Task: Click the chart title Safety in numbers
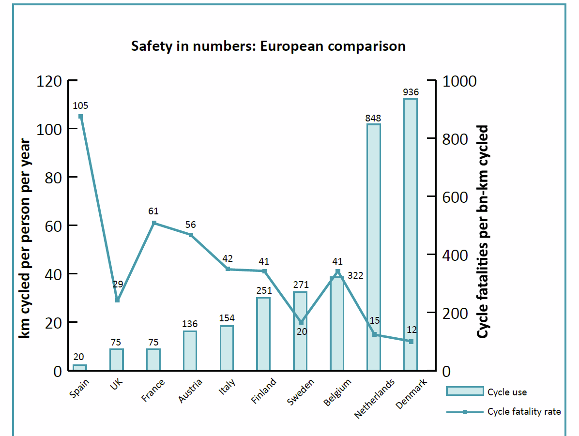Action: click(268, 46)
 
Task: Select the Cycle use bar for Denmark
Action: click(411, 235)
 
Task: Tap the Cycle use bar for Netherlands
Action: click(374, 247)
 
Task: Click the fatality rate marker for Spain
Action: click(80, 117)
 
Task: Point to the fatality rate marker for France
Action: click(154, 223)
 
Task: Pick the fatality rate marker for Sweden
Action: click(301, 322)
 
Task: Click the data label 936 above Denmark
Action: click(411, 92)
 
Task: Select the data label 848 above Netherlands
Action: click(374, 118)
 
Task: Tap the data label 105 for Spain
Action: click(80, 105)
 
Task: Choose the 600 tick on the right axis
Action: click(455, 197)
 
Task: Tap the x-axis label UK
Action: click(117, 383)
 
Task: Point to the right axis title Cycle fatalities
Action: click(483, 232)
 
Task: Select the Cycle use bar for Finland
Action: click(263, 334)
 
